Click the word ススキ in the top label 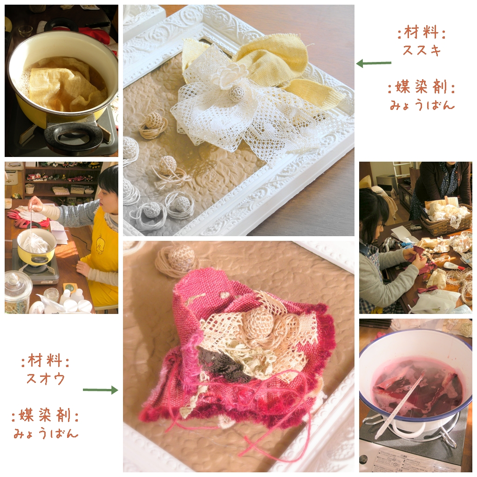pos(422,50)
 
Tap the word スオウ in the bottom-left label pos(46,379)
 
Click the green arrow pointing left pos(374,63)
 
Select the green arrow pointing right pos(101,390)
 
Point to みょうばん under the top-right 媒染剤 pos(422,105)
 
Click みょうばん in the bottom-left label pos(46,433)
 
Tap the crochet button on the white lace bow pos(238,92)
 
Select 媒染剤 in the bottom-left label pos(45,415)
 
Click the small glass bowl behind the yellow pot pos(25,30)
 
